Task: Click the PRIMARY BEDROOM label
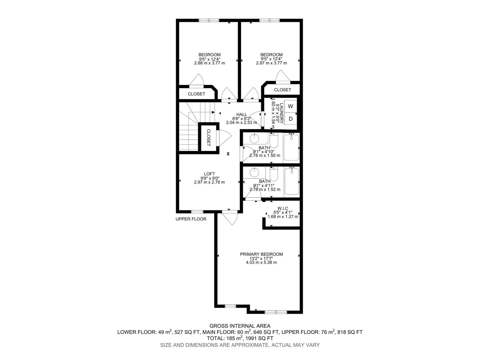pyautogui.click(x=261, y=254)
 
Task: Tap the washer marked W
pyautogui.click(x=290, y=106)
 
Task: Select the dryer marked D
pyautogui.click(x=290, y=119)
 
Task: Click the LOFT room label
pyautogui.click(x=209, y=174)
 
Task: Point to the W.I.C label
pyautogui.click(x=283, y=208)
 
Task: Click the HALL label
pyautogui.click(x=241, y=114)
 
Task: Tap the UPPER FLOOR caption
pyautogui.click(x=191, y=219)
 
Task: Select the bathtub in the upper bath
pyautogui.click(x=291, y=147)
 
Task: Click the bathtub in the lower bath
pyautogui.click(x=292, y=181)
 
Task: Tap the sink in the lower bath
pyautogui.click(x=254, y=172)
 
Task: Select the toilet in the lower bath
pyautogui.click(x=274, y=174)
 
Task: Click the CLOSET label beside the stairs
pyautogui.click(x=208, y=137)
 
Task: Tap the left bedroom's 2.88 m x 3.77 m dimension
pyautogui.click(x=210, y=63)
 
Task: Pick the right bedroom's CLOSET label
pyautogui.click(x=283, y=90)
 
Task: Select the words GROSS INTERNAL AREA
pyautogui.click(x=240, y=326)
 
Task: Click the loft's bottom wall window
pyautogui.click(x=197, y=211)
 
